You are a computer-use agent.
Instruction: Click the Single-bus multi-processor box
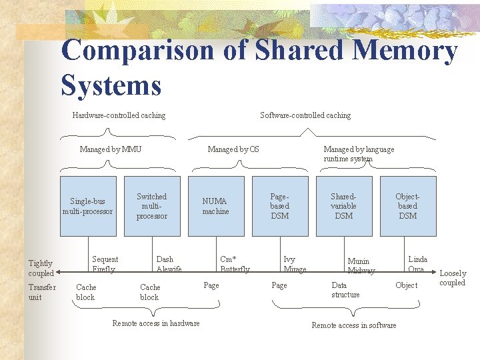(88, 206)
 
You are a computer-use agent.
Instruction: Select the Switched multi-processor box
(152, 206)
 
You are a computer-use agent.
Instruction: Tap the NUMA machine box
(216, 206)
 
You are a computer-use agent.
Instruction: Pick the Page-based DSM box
(280, 206)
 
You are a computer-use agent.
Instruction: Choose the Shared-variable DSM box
(344, 206)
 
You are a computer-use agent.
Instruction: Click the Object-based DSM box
(408, 206)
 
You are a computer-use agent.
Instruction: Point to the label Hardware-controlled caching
(119, 115)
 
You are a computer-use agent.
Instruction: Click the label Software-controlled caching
(305, 115)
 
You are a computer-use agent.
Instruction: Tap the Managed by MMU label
(111, 149)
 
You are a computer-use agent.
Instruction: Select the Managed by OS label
(233, 149)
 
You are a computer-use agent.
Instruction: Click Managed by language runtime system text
(359, 154)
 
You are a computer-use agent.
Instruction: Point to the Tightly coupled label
(41, 268)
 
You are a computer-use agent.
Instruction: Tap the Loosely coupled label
(453, 278)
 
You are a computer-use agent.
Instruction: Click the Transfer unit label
(42, 292)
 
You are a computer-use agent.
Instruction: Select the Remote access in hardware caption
(155, 323)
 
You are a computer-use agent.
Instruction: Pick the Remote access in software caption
(354, 325)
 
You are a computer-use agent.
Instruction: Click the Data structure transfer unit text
(345, 289)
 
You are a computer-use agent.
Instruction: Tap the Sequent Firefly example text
(105, 264)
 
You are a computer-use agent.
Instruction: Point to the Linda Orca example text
(417, 264)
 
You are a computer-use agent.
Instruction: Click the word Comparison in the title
(138, 51)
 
